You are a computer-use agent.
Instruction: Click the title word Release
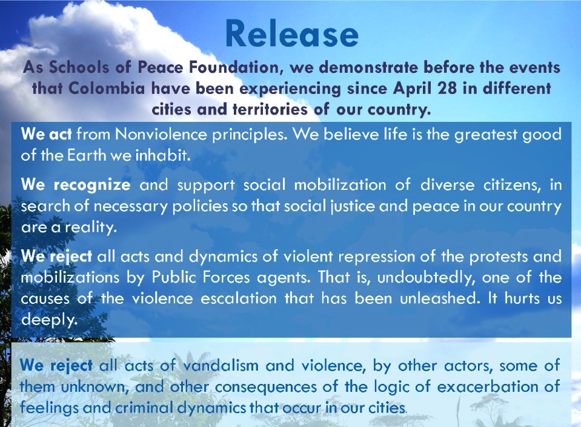(x=291, y=34)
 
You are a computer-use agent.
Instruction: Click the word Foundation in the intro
(x=236, y=67)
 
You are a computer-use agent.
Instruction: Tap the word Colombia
(x=107, y=89)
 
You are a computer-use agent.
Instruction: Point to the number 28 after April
(x=447, y=89)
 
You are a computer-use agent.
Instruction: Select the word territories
(x=270, y=109)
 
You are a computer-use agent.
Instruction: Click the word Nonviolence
(x=161, y=134)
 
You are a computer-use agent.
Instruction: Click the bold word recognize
(x=92, y=185)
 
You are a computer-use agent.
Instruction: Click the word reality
(x=91, y=227)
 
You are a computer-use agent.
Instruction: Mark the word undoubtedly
(x=426, y=278)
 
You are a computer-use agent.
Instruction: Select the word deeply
(x=49, y=320)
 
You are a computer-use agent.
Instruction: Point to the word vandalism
(x=221, y=365)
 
